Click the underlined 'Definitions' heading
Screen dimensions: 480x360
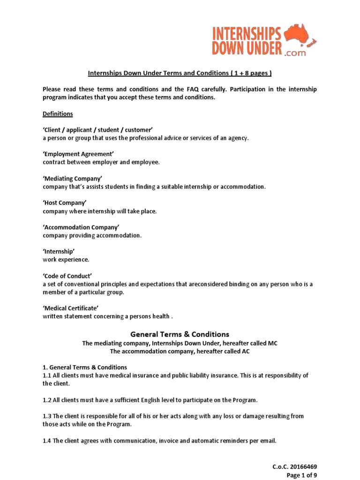pyautogui.click(x=58, y=114)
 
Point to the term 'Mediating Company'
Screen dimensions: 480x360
pyautogui.click(x=72, y=179)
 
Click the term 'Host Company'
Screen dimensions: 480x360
pyautogui.click(x=65, y=203)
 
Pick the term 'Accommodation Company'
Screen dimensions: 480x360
pyautogui.click(x=81, y=227)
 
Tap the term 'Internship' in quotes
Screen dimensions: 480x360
pyautogui.click(x=59, y=252)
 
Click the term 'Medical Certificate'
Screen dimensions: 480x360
pyautogui.click(x=70, y=308)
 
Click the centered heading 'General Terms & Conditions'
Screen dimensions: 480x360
pyautogui.click(x=180, y=334)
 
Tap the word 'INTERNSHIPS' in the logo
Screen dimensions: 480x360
pyautogui.click(x=247, y=34)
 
